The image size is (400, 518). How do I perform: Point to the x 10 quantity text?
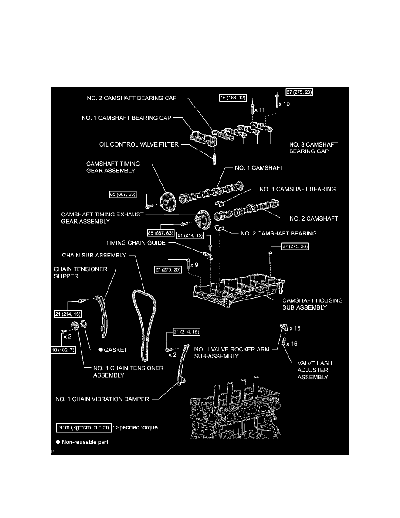283,104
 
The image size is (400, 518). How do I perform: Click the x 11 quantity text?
260,110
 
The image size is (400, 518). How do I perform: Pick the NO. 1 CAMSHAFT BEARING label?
297,189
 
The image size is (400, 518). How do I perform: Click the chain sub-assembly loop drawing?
144,323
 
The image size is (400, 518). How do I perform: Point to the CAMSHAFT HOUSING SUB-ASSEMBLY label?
306,304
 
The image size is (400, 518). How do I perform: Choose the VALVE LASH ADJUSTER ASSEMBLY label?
313,370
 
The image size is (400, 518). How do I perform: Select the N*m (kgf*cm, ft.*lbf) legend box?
82,427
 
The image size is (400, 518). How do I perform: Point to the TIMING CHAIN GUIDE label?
136,243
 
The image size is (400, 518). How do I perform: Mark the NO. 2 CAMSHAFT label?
311,218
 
